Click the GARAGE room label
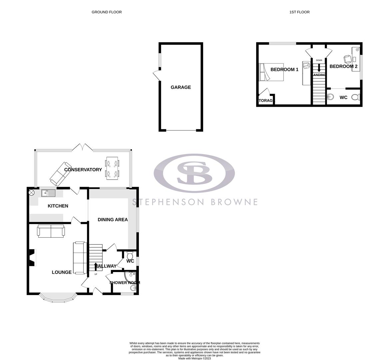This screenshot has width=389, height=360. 181,87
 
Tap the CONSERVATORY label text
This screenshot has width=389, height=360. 83,170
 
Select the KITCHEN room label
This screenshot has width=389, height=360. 58,206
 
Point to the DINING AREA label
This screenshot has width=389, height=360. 113,220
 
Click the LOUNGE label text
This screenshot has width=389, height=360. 62,272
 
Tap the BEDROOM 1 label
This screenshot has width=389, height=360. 284,70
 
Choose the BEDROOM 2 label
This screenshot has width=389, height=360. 343,66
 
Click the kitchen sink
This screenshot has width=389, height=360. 48,193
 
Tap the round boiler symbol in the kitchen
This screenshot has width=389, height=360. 32,192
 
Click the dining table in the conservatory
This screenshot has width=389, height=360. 112,168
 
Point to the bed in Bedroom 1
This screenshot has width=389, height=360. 271,72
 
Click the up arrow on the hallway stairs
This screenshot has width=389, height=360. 96,266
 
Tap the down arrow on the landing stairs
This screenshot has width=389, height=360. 319,68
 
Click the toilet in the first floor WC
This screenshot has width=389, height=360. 356,97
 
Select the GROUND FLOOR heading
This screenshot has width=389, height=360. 107,12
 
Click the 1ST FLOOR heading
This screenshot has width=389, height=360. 299,12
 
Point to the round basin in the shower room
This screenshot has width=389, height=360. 134,288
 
